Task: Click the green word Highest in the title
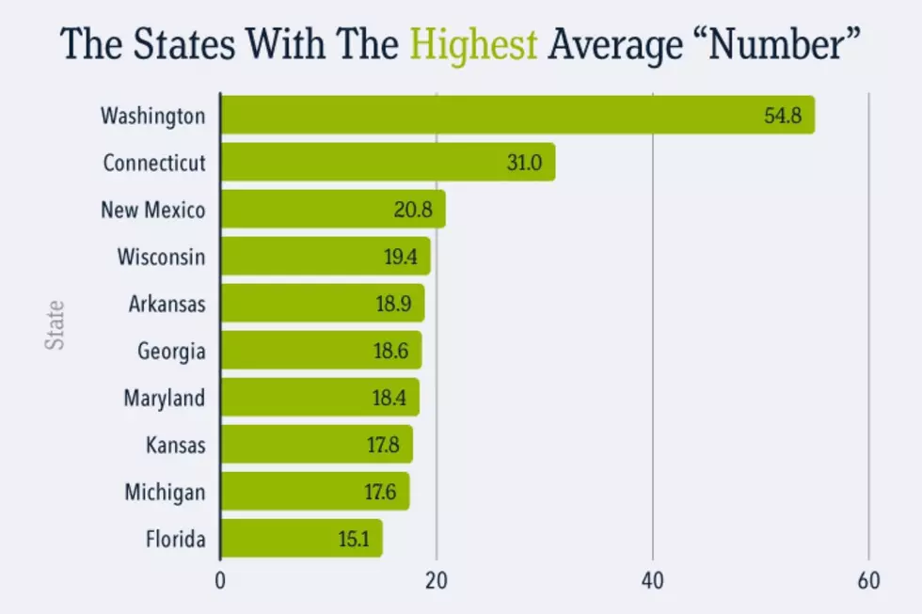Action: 473,44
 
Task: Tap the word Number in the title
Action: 777,43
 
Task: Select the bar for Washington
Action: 518,115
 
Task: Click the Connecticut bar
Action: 388,162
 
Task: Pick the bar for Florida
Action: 302,538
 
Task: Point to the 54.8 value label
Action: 783,116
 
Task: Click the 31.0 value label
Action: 525,163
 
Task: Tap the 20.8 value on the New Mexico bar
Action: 413,210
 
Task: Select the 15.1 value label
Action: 354,539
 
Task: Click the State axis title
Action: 55,325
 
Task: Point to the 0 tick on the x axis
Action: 220,580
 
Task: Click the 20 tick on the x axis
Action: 437,580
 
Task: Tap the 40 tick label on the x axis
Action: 653,580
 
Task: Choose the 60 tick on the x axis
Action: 868,580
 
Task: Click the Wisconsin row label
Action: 161,257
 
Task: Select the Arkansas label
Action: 167,304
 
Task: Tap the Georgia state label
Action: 171,352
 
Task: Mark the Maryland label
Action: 164,399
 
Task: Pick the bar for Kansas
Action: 317,444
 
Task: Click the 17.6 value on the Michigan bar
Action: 380,492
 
